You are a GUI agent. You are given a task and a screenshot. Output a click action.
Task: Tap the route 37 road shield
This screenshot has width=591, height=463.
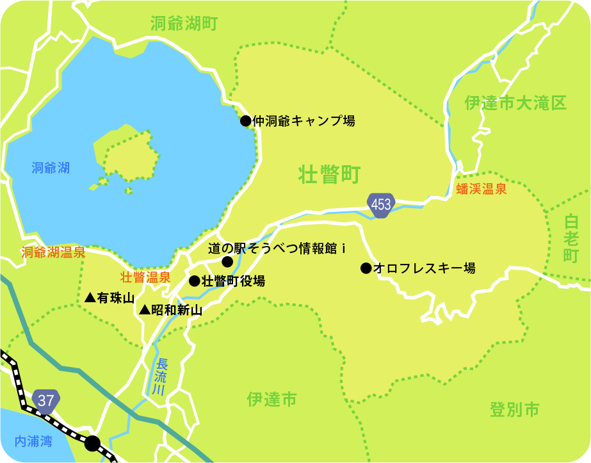46,401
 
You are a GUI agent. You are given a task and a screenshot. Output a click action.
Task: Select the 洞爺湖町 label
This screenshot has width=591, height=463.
184,24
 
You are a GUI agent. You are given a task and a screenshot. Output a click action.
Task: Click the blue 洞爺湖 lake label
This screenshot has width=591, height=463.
51,168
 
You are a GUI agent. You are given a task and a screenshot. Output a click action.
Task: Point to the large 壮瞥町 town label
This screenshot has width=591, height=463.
330,174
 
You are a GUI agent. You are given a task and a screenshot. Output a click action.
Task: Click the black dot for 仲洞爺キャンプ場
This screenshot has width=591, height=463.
246,120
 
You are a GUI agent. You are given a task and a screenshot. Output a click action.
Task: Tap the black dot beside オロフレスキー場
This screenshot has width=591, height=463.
366,268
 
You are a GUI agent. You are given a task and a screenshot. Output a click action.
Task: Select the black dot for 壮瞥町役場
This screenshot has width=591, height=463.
195,280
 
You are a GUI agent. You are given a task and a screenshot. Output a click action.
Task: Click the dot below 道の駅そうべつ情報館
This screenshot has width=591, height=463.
227,261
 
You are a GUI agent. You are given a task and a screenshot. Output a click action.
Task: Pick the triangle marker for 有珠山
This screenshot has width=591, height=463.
90,298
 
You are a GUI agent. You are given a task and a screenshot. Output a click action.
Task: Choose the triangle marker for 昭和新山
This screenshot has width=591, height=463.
145,310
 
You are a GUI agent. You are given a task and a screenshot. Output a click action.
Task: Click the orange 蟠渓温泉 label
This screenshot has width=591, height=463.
482,190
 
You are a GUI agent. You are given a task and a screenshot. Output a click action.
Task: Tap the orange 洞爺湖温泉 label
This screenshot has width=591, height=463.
53,252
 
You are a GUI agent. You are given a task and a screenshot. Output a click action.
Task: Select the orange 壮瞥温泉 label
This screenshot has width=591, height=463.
146,277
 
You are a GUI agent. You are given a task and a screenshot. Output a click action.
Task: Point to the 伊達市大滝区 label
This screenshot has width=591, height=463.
515,103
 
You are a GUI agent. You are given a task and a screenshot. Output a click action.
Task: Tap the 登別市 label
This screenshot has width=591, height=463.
514,409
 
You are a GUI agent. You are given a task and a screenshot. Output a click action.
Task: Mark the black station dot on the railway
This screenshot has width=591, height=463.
93,443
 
